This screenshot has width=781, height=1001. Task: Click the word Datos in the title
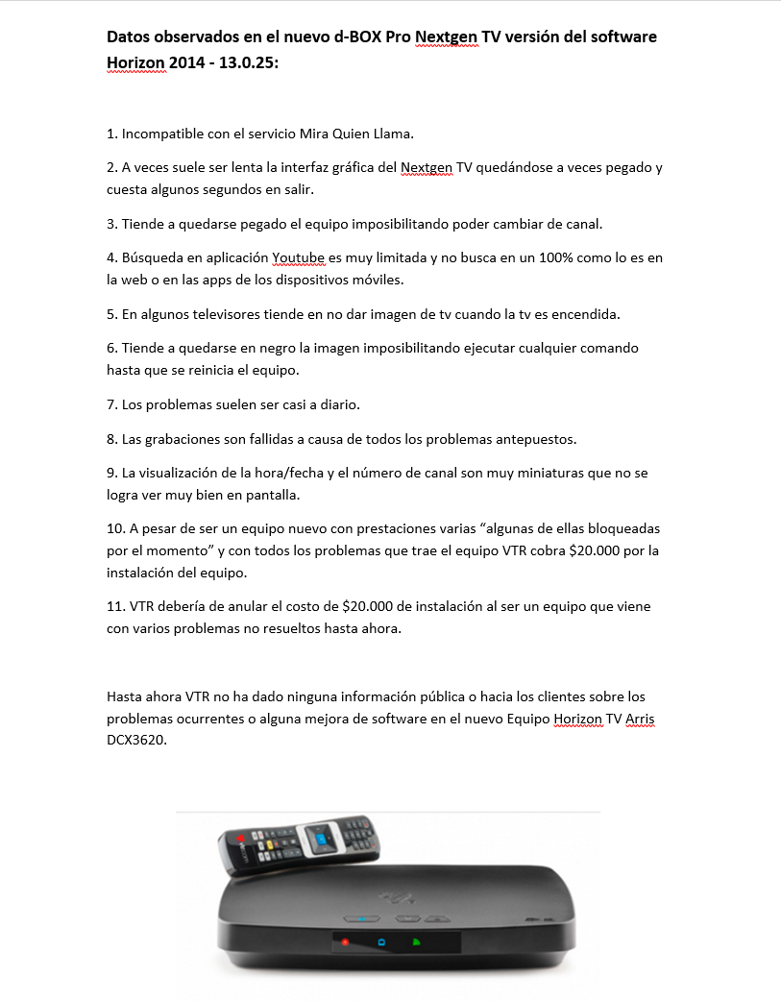coord(130,37)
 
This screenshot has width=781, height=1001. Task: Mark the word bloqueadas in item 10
coord(625,529)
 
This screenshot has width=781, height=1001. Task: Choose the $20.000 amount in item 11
coord(371,607)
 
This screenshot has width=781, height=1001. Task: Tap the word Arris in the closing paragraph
coord(640,720)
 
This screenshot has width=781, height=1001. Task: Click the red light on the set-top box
coord(345,941)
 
